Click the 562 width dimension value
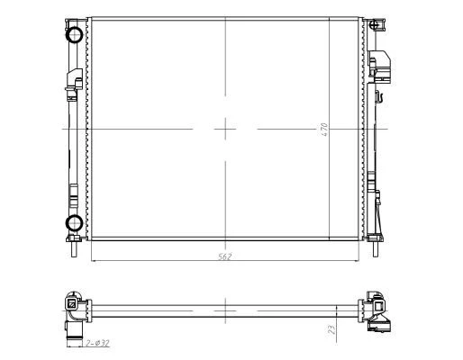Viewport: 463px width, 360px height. [224, 256]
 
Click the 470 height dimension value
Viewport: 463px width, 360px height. [324, 130]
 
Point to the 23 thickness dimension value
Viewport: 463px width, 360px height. [331, 329]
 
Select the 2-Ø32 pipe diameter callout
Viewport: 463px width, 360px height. [97, 343]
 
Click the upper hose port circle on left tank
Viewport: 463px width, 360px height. [74, 34]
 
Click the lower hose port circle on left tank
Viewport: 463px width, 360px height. [74, 222]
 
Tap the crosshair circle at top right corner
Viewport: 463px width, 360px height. [375, 24]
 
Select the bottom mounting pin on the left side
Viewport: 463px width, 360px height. [74, 249]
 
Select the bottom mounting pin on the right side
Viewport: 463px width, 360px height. [376, 249]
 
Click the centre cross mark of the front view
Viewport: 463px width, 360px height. [225, 130]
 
